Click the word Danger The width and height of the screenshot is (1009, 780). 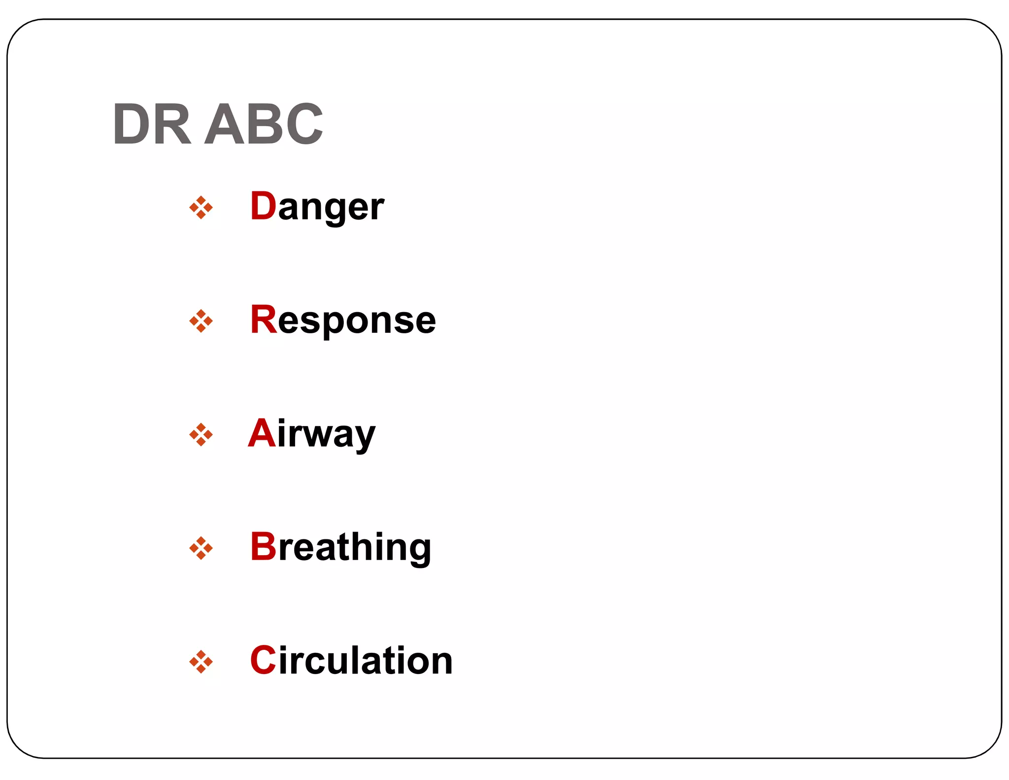pyautogui.click(x=317, y=207)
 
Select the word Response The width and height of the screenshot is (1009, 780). pyautogui.click(x=343, y=320)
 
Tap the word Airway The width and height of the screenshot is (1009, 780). pyautogui.click(x=311, y=434)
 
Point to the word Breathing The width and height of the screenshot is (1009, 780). pyautogui.click(x=340, y=547)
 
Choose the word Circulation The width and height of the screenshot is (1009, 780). pyautogui.click(x=351, y=661)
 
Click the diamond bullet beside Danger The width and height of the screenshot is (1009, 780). pyautogui.click(x=201, y=208)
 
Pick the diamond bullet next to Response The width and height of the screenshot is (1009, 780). pyautogui.click(x=201, y=321)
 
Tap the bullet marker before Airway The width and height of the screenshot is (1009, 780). pyautogui.click(x=201, y=434)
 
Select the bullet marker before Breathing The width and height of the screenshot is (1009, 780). pyautogui.click(x=201, y=548)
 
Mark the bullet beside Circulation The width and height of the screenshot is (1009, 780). pyautogui.click(x=201, y=661)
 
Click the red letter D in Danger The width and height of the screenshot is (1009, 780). pyautogui.click(x=263, y=206)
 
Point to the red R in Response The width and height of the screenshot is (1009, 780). pyautogui.click(x=264, y=319)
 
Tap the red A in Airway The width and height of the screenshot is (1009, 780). pyautogui.click(x=262, y=433)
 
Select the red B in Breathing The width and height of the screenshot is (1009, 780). pyautogui.click(x=263, y=546)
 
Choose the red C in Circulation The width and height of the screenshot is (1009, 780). pyautogui.click(x=263, y=660)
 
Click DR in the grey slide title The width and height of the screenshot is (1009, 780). pyautogui.click(x=152, y=124)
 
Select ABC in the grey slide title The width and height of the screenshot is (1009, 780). pyautogui.click(x=264, y=124)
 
